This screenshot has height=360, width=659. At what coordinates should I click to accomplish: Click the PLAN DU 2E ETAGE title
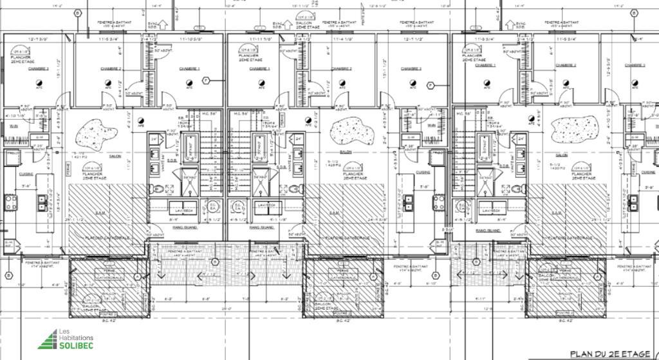tap(609, 354)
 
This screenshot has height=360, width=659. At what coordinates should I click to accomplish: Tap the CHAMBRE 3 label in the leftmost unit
tap(39, 68)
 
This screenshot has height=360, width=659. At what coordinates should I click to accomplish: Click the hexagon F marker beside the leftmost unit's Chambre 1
tap(206, 80)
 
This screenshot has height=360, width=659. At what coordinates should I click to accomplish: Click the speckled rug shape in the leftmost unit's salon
tap(97, 135)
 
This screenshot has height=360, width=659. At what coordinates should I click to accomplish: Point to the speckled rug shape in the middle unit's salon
tap(352, 131)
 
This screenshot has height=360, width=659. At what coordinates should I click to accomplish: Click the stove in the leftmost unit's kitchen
tap(11, 203)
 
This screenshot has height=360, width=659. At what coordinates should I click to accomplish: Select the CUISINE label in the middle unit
tap(423, 173)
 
